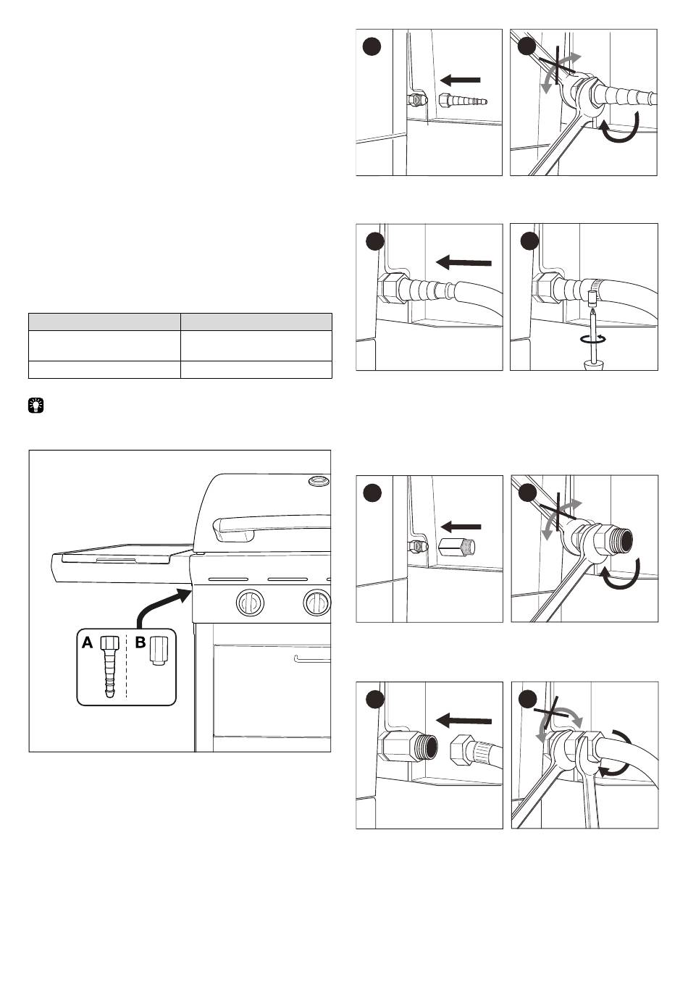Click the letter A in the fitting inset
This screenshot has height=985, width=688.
click(88, 643)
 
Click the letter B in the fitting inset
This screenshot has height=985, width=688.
click(140, 643)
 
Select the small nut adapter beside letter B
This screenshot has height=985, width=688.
click(159, 651)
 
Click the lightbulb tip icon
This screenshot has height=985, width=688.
click(36, 405)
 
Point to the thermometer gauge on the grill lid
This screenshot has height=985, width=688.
click(319, 481)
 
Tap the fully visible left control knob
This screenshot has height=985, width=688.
click(250, 602)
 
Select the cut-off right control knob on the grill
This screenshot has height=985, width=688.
click(317, 602)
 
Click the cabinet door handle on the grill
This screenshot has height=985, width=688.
click(312, 659)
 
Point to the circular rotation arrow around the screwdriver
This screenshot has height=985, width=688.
click(593, 339)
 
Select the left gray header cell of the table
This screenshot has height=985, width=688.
click(104, 322)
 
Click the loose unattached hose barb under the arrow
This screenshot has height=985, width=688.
click(463, 101)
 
